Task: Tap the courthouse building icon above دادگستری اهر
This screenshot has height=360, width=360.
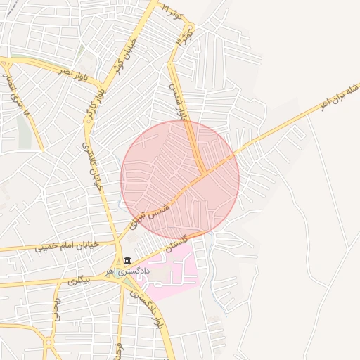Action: [127, 260]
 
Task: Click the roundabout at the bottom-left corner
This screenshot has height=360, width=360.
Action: [49, 345]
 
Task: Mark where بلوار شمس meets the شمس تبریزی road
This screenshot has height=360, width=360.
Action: [204, 173]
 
